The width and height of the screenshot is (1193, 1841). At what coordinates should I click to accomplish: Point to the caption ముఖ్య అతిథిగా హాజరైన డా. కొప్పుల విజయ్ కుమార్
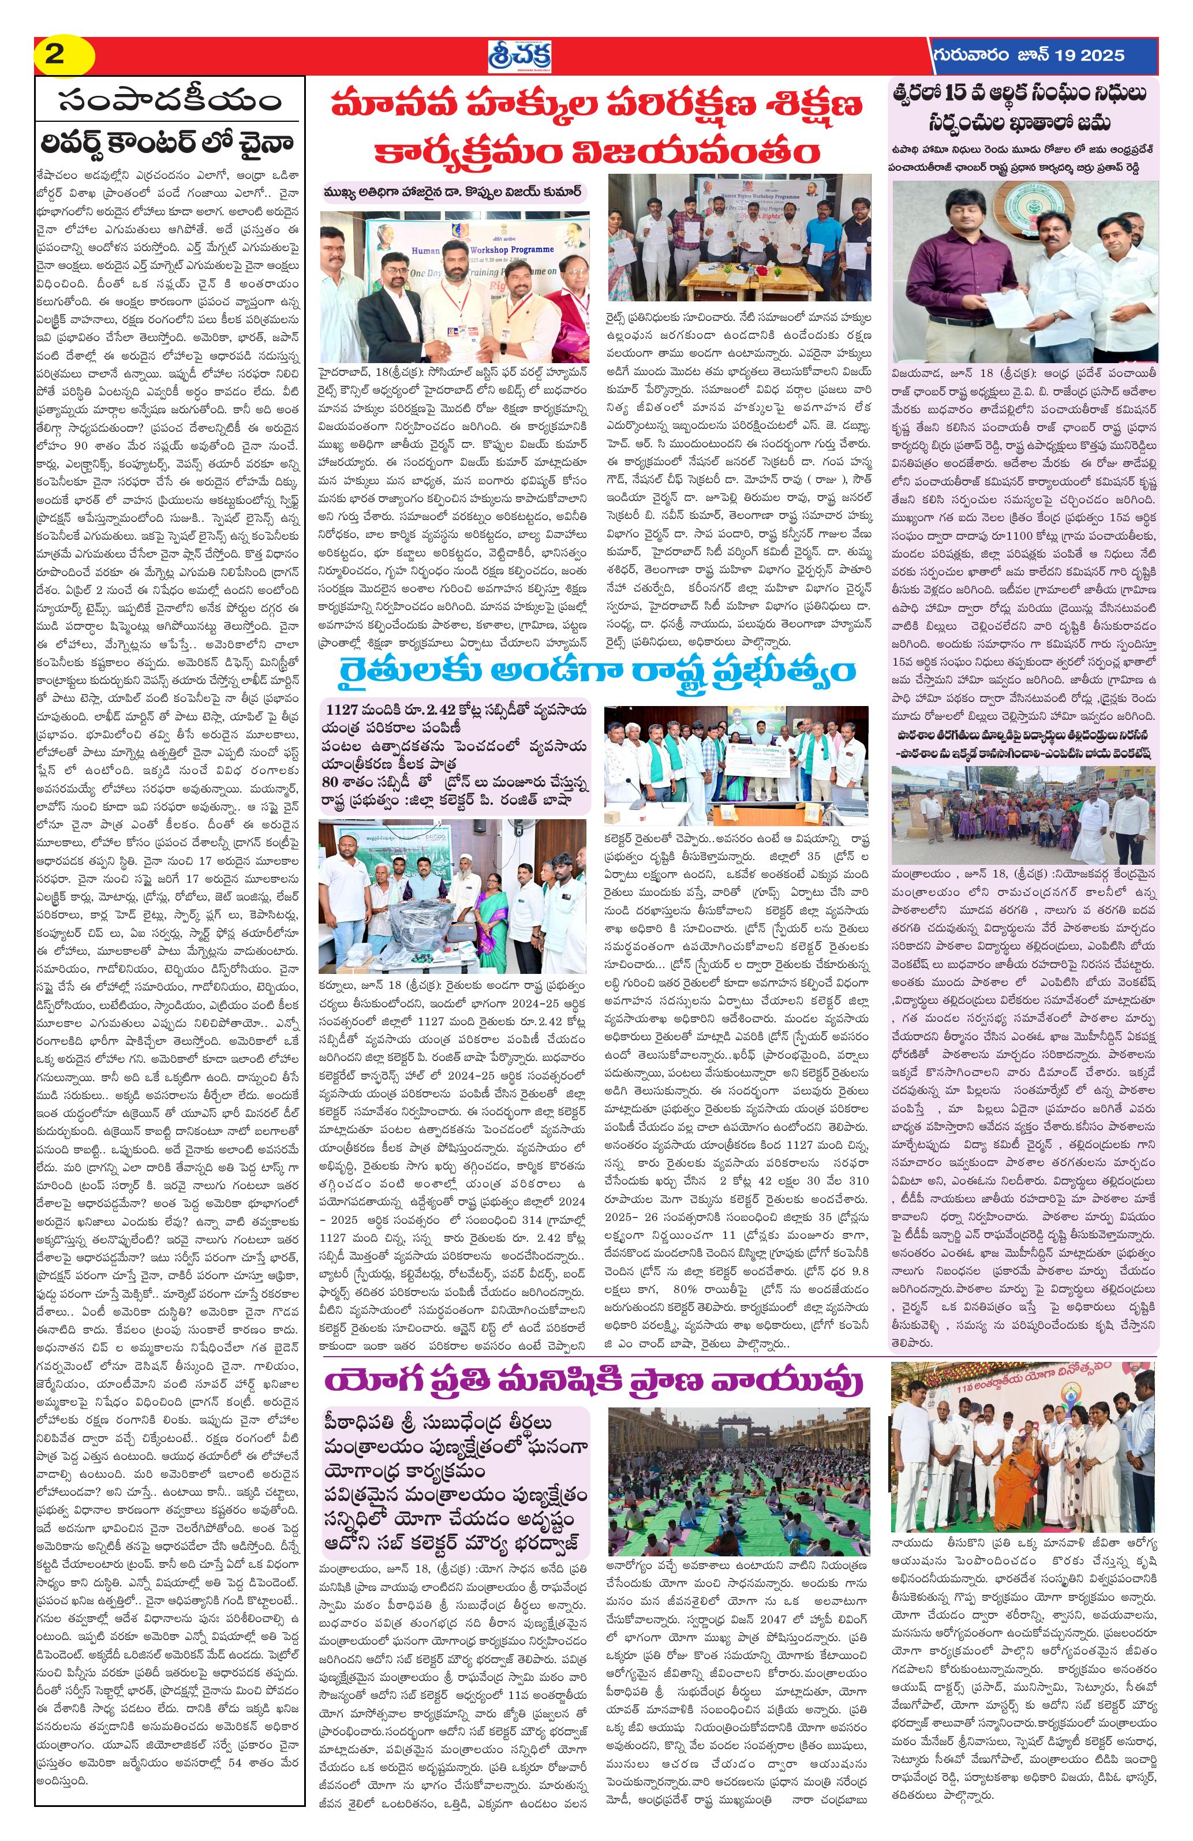coord(452,192)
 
